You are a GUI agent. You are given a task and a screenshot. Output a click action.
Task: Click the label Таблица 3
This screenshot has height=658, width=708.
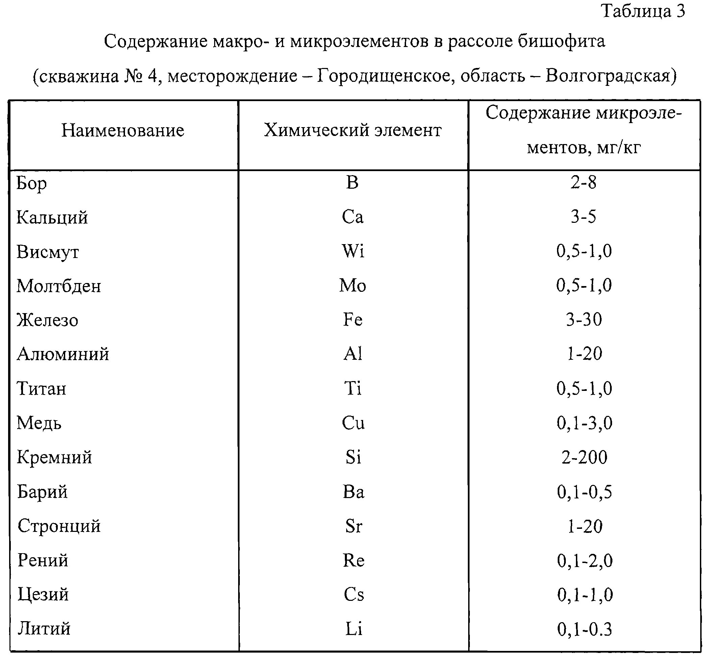point(643,11)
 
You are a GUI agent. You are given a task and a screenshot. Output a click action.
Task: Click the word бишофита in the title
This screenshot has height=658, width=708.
point(561,41)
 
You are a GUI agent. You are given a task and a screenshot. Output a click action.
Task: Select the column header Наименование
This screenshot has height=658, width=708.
point(123,130)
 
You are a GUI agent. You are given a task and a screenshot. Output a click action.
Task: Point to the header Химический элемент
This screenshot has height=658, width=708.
point(353,130)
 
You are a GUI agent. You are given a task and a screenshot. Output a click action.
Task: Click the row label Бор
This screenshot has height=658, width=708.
point(32,184)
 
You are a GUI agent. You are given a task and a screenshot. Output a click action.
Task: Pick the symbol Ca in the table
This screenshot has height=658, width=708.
point(353,217)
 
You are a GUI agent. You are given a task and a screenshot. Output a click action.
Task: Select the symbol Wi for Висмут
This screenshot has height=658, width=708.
point(353,251)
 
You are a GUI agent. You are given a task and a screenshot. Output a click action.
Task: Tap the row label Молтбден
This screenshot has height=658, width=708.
point(59,286)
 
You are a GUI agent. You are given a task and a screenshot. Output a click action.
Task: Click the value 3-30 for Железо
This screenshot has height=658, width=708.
point(584,320)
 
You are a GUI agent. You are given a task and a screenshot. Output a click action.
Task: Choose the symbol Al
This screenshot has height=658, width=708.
point(353,354)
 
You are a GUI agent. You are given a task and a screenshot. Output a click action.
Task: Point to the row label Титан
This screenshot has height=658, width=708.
point(42,388)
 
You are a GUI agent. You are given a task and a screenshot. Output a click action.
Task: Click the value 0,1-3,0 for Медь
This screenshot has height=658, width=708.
point(584,423)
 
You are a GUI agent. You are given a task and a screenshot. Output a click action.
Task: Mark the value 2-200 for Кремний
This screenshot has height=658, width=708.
point(584,457)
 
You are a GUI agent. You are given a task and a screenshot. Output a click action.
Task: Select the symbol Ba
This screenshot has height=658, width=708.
point(353,492)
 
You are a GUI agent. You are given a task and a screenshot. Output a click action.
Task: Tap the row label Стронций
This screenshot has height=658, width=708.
point(59,526)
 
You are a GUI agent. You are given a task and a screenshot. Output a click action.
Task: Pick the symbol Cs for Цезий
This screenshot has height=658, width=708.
point(354,595)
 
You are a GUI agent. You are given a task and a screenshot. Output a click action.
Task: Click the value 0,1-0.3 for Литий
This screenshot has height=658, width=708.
point(584,630)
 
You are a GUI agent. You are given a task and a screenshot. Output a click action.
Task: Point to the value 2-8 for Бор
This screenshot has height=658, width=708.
point(583,183)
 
